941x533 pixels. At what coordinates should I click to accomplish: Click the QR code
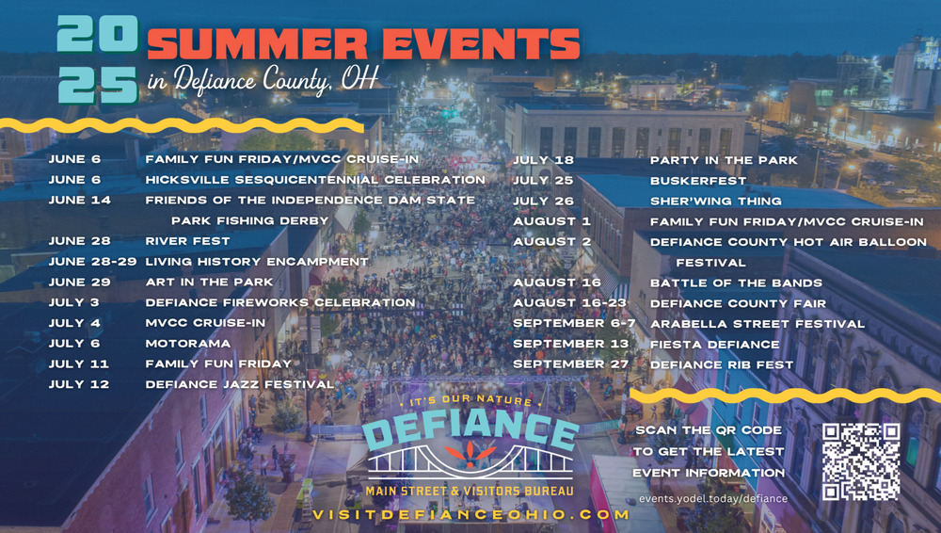point(861,461)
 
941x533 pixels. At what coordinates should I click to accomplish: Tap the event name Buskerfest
point(698,181)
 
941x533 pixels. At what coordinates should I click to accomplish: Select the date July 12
point(79,384)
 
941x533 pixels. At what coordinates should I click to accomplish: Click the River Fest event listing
point(187,241)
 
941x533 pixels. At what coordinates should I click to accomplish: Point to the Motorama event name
point(188,344)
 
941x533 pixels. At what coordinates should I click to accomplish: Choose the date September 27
point(571,364)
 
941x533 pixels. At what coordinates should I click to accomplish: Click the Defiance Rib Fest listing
point(722,364)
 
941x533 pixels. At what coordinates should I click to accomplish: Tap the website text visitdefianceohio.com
point(470,515)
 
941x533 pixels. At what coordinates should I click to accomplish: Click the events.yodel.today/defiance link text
point(713,499)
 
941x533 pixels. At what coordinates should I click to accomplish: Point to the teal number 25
point(99,85)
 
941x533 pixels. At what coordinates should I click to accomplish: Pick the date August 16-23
point(569,303)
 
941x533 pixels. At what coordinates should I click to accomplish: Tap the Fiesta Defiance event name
point(714,345)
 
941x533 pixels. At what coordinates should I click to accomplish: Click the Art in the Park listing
point(209,282)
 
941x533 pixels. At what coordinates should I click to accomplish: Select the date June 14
point(80,200)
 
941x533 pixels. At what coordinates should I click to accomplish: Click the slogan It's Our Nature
point(470,400)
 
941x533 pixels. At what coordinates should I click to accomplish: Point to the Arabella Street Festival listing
point(758,324)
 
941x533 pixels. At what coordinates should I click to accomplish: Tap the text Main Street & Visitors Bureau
point(470,491)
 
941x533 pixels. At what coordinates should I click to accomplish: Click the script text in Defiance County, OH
point(263,80)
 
